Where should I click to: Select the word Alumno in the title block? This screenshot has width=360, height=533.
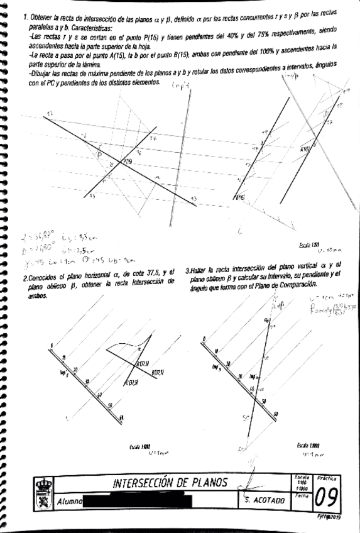(70, 502)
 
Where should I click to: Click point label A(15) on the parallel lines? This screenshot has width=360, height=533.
(305, 150)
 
